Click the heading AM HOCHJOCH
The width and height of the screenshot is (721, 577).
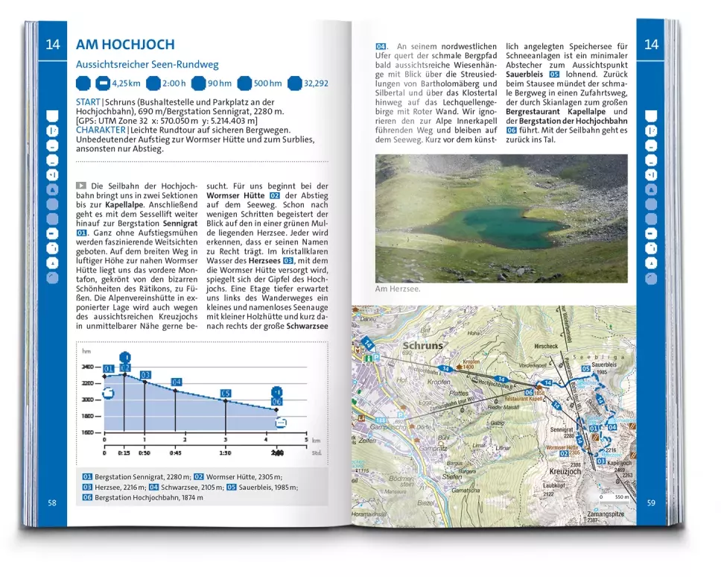tap(125, 45)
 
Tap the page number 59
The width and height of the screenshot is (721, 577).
tap(651, 502)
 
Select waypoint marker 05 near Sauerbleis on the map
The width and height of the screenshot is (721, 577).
tap(585, 368)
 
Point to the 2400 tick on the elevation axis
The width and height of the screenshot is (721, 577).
tap(88, 367)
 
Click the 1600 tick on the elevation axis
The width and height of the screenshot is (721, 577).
tap(88, 432)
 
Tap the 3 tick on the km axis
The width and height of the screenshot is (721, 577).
tap(225, 441)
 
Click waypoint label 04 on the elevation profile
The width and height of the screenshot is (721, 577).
tap(177, 382)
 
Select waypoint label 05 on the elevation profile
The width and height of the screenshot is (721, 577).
tap(226, 394)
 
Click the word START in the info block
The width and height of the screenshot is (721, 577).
tap(88, 102)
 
